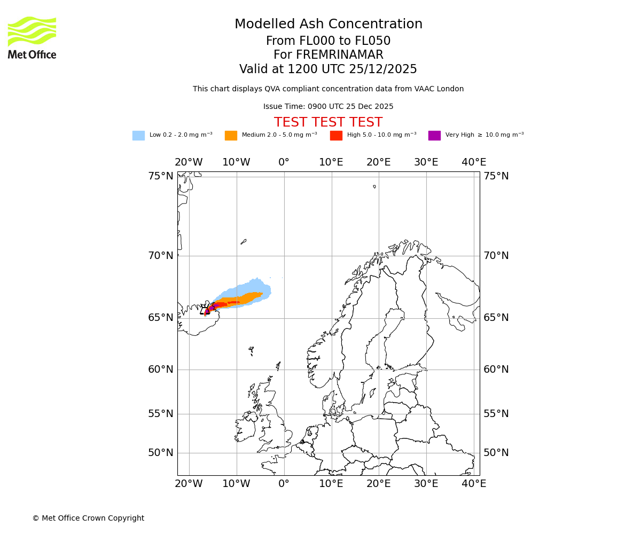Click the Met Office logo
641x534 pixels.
click(32, 37)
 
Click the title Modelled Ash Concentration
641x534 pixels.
click(328, 24)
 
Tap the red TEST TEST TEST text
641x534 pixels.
click(328, 122)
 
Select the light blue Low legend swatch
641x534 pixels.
click(138, 135)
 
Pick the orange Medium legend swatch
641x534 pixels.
click(231, 135)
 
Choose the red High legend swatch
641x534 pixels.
click(336, 135)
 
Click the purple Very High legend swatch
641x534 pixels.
click(434, 135)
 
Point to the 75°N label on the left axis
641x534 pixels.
click(161, 176)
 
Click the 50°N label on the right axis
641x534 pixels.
click(496, 452)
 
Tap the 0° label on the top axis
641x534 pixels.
click(284, 162)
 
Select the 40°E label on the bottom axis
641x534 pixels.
click(473, 483)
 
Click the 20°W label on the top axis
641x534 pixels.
click(189, 162)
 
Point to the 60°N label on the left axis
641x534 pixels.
click(161, 369)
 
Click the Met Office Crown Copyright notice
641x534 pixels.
click(88, 518)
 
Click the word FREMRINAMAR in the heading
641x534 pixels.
click(339, 55)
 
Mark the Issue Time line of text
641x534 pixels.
click(328, 106)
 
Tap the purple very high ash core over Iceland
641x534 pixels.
click(211, 308)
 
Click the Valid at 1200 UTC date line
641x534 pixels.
click(328, 69)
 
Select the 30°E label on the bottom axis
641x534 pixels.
click(426, 483)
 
